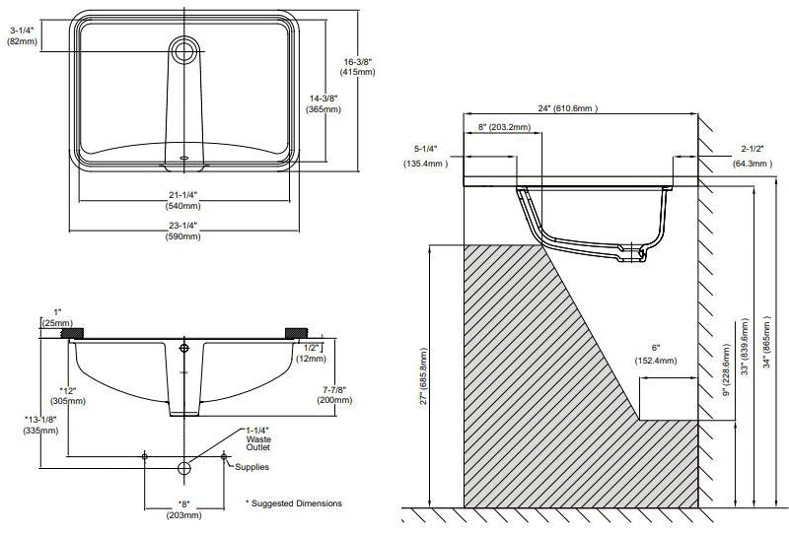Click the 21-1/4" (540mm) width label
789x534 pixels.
[x=185, y=200]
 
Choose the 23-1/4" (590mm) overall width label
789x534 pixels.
[x=185, y=232]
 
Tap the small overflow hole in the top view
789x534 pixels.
[x=184, y=156]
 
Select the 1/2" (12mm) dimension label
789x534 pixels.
[x=311, y=353]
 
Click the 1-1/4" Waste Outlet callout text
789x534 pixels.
[x=259, y=438]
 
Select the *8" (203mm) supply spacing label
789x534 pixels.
[x=184, y=509]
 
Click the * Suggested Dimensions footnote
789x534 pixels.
[x=294, y=503]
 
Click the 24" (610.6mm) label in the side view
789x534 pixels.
[x=566, y=107]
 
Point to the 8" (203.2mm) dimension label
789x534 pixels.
[x=504, y=127]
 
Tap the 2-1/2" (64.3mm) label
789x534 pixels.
[x=751, y=157]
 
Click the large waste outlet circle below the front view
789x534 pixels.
[x=184, y=467]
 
